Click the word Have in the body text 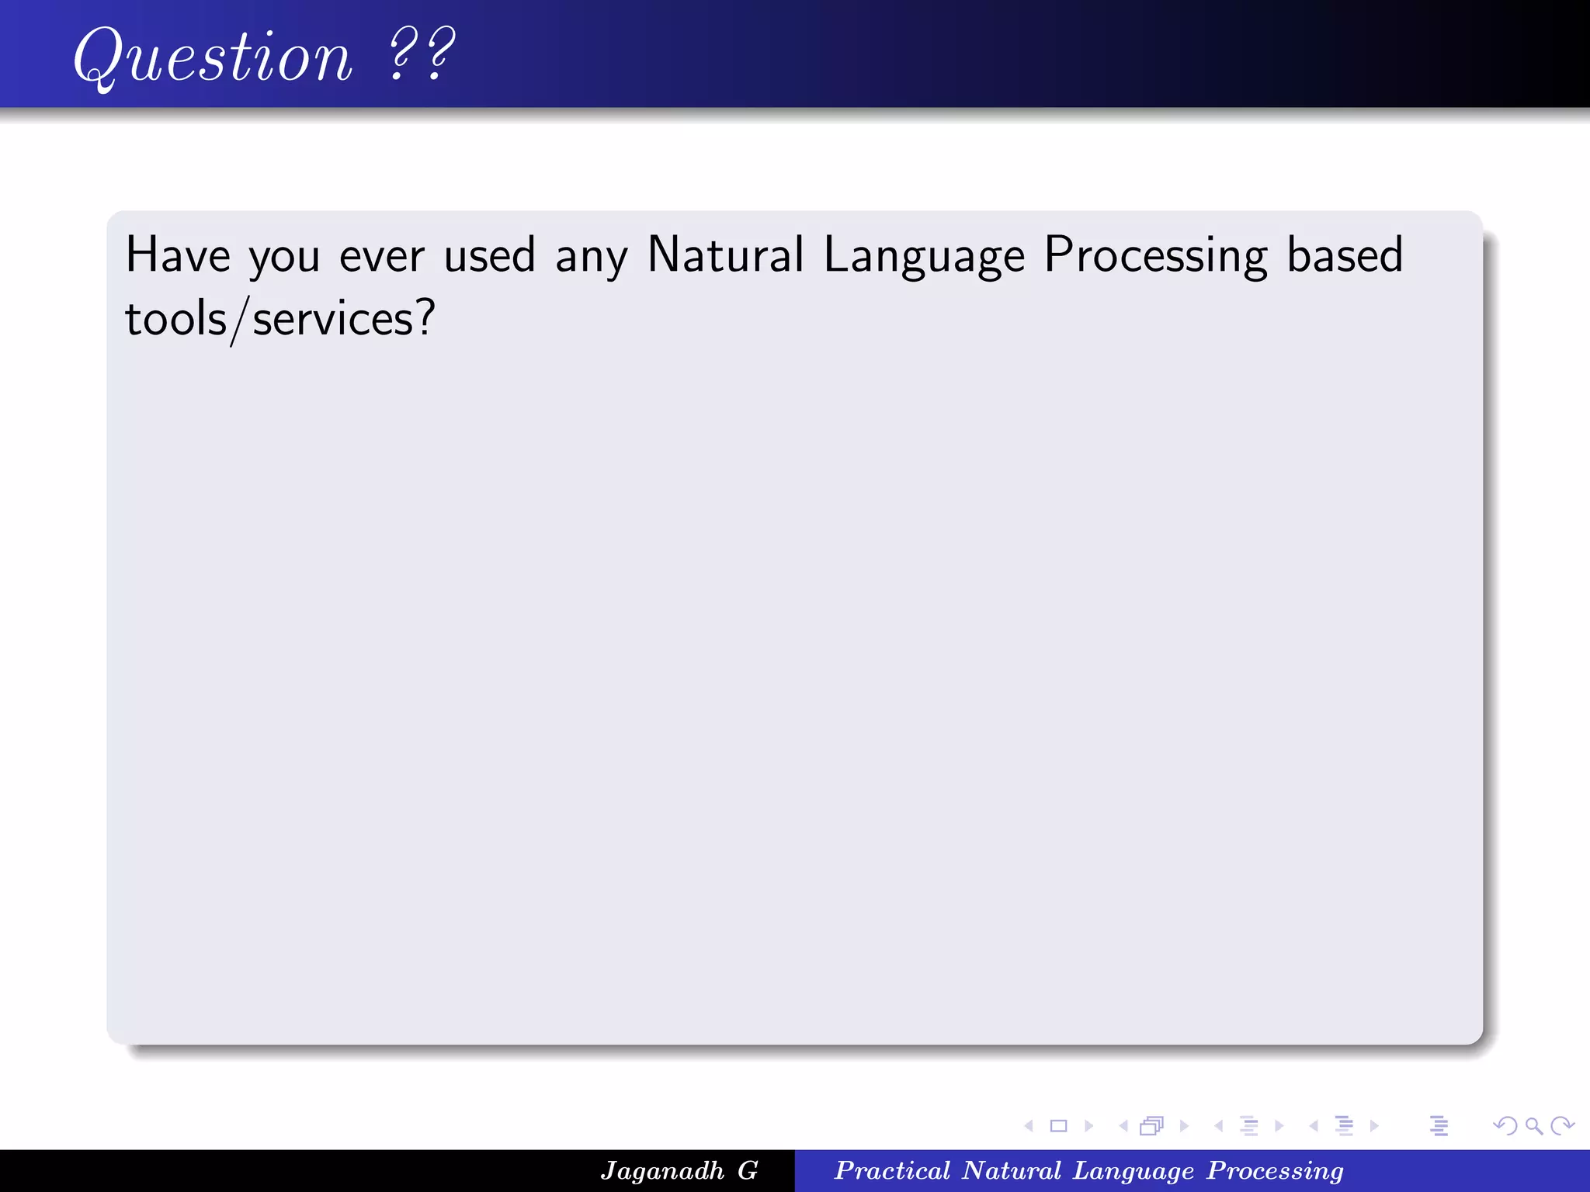tap(178, 255)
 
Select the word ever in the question tap(381, 255)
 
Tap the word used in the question tap(490, 255)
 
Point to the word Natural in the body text tap(726, 255)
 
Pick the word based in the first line tap(1345, 255)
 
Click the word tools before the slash tap(175, 319)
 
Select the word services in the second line tap(333, 321)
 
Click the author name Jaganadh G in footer tap(679, 1170)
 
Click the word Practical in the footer tap(892, 1170)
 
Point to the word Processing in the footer tap(1275, 1170)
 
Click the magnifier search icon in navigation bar tap(1533, 1126)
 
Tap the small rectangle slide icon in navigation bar tap(1058, 1126)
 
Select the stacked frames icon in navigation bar tap(1152, 1126)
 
